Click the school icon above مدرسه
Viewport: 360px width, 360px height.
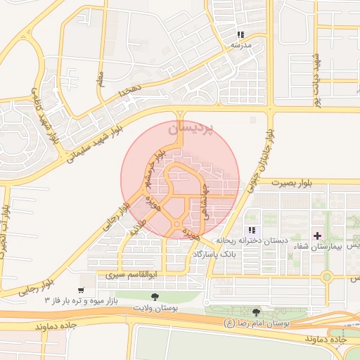pos(241,34)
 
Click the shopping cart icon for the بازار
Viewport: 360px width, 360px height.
pos(82,290)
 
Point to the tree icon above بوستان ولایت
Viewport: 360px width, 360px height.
pos(154,298)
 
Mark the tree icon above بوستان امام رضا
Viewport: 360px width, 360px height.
pos(256,312)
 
